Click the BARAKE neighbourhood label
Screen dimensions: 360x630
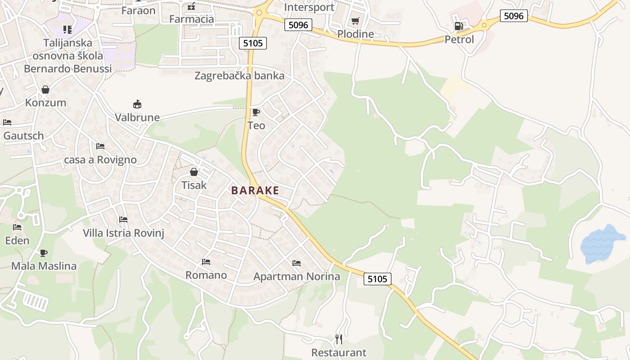pyautogui.click(x=255, y=190)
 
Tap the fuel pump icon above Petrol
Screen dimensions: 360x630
pyautogui.click(x=459, y=26)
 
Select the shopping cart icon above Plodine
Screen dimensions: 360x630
pyautogui.click(x=355, y=21)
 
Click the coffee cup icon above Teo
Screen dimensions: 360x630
pyautogui.click(x=256, y=112)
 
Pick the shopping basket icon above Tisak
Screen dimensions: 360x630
pyautogui.click(x=194, y=172)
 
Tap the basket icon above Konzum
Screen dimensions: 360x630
pyautogui.click(x=45, y=90)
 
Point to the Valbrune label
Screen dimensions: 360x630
pyautogui.click(x=137, y=117)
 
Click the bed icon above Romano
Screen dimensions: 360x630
pyautogui.click(x=206, y=261)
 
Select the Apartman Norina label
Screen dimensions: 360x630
pyautogui.click(x=297, y=276)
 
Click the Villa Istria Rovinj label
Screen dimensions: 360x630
pyautogui.click(x=124, y=233)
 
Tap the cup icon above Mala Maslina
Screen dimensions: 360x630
pyautogui.click(x=44, y=253)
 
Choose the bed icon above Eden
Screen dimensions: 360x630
pyautogui.click(x=17, y=227)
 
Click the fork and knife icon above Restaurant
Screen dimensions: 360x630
pyautogui.click(x=339, y=339)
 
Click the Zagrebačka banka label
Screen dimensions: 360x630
pyautogui.click(x=239, y=76)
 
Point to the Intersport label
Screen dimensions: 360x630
pyautogui.click(x=310, y=7)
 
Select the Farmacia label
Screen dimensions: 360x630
pyautogui.click(x=192, y=19)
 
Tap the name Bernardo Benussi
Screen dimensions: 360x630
pyautogui.click(x=67, y=69)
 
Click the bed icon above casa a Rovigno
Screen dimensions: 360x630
pyautogui.click(x=100, y=146)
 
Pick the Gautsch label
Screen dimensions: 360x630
pyautogui.click(x=23, y=135)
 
